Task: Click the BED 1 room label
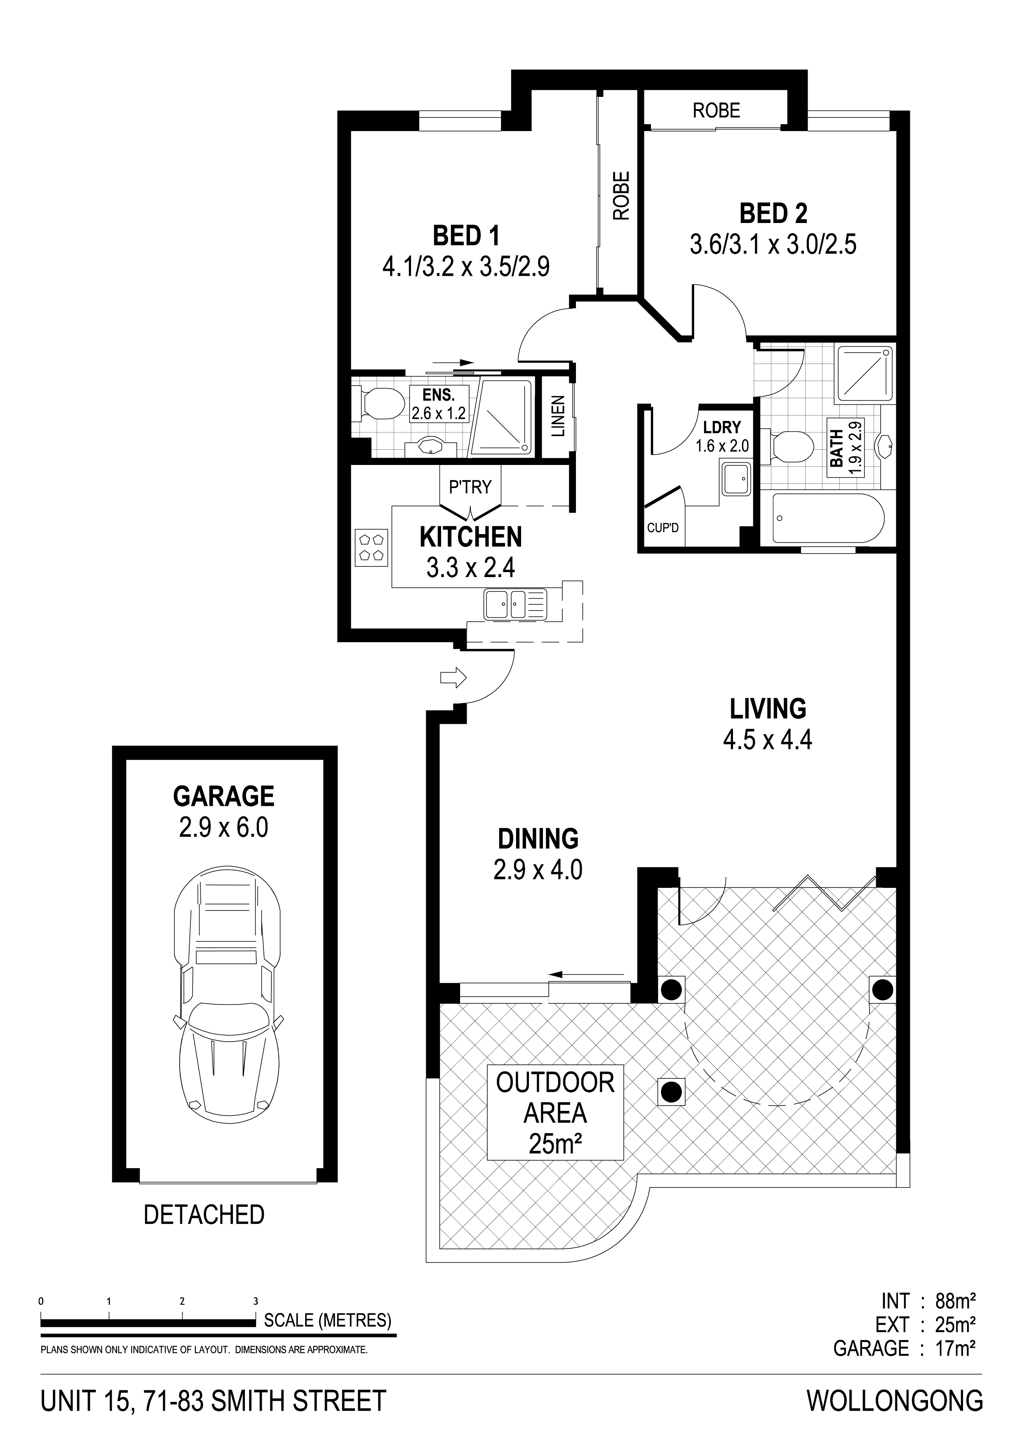(x=466, y=236)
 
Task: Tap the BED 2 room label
(x=773, y=214)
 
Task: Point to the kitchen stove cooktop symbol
(x=371, y=546)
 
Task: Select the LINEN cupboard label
(x=559, y=417)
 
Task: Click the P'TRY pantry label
(x=470, y=487)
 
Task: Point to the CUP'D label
(x=663, y=527)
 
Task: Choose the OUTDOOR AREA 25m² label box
(x=555, y=1113)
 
